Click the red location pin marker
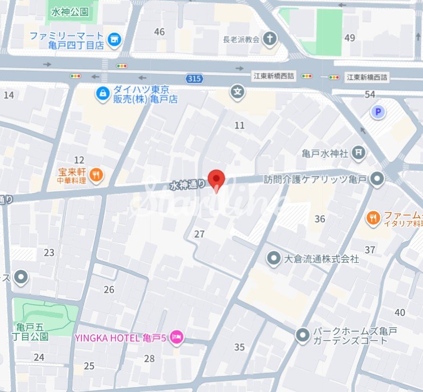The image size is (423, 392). coord(216,179)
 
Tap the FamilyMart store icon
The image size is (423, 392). coord(114,39)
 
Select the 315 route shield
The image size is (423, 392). coord(195,79)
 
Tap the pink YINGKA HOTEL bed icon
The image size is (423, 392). coord(177,338)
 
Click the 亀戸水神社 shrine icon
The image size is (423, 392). coord(359,153)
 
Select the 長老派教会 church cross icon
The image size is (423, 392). coord(270,39)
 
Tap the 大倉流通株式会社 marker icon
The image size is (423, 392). coord(274,258)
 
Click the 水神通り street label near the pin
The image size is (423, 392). coord(187,185)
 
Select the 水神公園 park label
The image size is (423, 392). coord(69,11)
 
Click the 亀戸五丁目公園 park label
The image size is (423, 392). coord(32,332)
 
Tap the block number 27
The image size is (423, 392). coord(200,234)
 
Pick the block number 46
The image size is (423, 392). coord(159,32)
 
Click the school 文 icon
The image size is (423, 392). coord(237,92)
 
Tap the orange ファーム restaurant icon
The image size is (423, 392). coord(372,218)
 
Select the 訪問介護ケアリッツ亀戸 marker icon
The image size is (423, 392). coord(378,179)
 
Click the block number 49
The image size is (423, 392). coord(350,37)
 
